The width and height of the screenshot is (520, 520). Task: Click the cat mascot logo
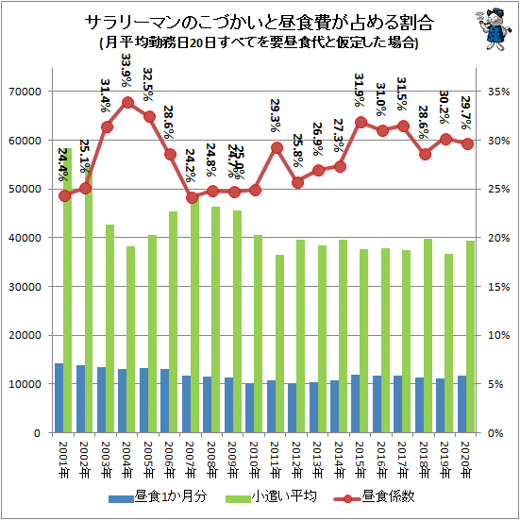coord(491,29)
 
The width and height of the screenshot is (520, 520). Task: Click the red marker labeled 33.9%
coord(127,103)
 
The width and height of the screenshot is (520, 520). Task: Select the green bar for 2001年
coord(67,290)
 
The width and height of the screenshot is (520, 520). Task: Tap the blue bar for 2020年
coord(462,404)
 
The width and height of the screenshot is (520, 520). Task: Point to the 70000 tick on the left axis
coord(25,92)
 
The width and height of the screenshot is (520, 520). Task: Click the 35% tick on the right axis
coord(498,92)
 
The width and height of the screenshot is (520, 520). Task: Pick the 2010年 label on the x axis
coord(255,460)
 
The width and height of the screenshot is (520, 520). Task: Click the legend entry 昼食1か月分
coord(158,496)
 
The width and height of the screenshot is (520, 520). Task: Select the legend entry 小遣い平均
coord(271,496)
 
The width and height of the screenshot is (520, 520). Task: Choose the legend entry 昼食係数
coord(375,496)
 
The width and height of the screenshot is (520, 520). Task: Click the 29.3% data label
coord(276,115)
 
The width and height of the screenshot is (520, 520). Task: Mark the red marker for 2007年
coord(192,198)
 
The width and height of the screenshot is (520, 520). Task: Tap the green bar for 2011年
coord(279,344)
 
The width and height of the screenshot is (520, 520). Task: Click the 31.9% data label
coord(360,91)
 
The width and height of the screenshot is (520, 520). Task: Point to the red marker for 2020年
coord(467,144)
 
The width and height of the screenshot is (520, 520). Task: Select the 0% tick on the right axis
coord(495,433)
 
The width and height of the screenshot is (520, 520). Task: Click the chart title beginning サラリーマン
coord(259,23)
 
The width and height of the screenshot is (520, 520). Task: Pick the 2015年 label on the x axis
coord(361,460)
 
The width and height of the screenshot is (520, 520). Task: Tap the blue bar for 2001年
coord(59,398)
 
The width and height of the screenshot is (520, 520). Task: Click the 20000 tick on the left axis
coord(25,336)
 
